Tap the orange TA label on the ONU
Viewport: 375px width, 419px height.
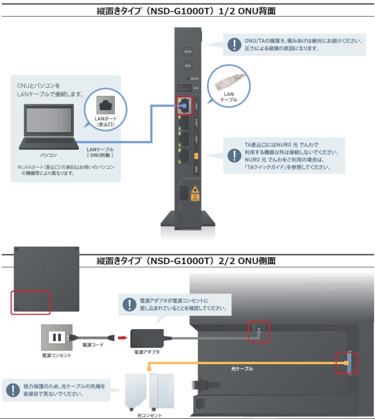click(196, 156)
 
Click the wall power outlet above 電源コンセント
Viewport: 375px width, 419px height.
click(55, 337)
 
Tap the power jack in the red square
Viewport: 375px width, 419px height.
click(258, 331)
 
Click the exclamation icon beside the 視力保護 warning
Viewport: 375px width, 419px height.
click(12, 390)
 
